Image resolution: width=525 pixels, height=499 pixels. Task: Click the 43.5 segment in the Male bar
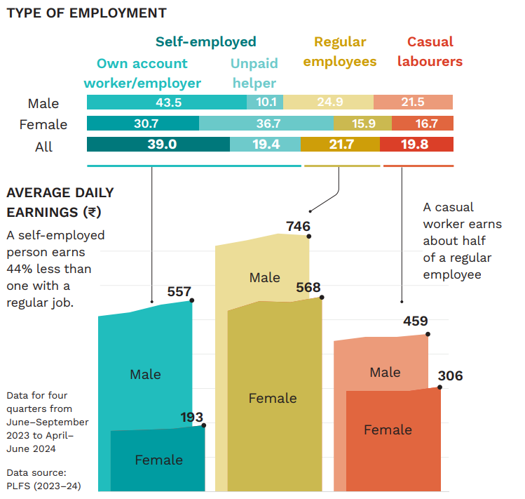click(x=167, y=102)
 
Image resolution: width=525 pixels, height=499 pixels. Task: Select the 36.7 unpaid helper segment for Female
click(x=266, y=124)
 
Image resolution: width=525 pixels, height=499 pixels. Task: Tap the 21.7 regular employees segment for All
click(x=340, y=145)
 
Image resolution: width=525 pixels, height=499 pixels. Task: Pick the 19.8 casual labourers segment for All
click(x=416, y=145)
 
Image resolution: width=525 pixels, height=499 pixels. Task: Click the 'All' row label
click(x=43, y=147)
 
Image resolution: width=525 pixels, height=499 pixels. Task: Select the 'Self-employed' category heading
click(x=205, y=41)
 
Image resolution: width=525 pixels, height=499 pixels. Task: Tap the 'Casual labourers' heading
click(x=430, y=51)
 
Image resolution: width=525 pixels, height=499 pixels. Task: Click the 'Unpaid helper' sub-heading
click(x=254, y=73)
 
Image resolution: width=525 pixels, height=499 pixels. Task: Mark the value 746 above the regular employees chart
click(x=298, y=226)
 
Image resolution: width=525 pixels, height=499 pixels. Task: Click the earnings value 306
click(x=450, y=376)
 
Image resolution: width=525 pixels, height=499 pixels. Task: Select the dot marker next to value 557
click(x=192, y=300)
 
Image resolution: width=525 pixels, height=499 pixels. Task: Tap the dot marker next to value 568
click(x=322, y=298)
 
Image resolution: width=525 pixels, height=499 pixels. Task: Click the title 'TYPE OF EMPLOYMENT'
click(x=86, y=13)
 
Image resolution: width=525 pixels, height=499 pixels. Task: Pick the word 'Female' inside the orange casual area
click(x=388, y=430)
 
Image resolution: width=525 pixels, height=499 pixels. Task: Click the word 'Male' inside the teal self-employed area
click(x=145, y=375)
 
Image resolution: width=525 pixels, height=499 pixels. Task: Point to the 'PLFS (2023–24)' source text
click(x=43, y=484)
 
